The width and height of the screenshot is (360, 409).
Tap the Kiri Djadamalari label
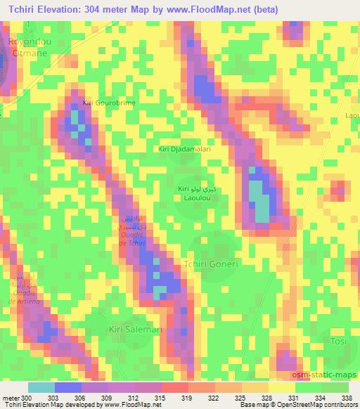pyautogui.click(x=185, y=149)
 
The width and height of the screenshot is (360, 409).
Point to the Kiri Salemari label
pyautogui.click(x=135, y=329)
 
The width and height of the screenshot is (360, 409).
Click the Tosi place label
pyautogui.click(x=339, y=341)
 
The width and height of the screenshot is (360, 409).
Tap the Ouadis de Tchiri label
pyautogui.click(x=134, y=231)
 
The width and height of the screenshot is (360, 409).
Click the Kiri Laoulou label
pyautogui.click(x=191, y=194)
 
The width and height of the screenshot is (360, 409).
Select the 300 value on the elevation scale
pyautogui.click(x=27, y=398)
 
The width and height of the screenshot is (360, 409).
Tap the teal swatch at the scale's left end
pyautogui.click(x=41, y=387)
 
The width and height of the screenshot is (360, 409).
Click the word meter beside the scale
pyautogui.click(x=10, y=398)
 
